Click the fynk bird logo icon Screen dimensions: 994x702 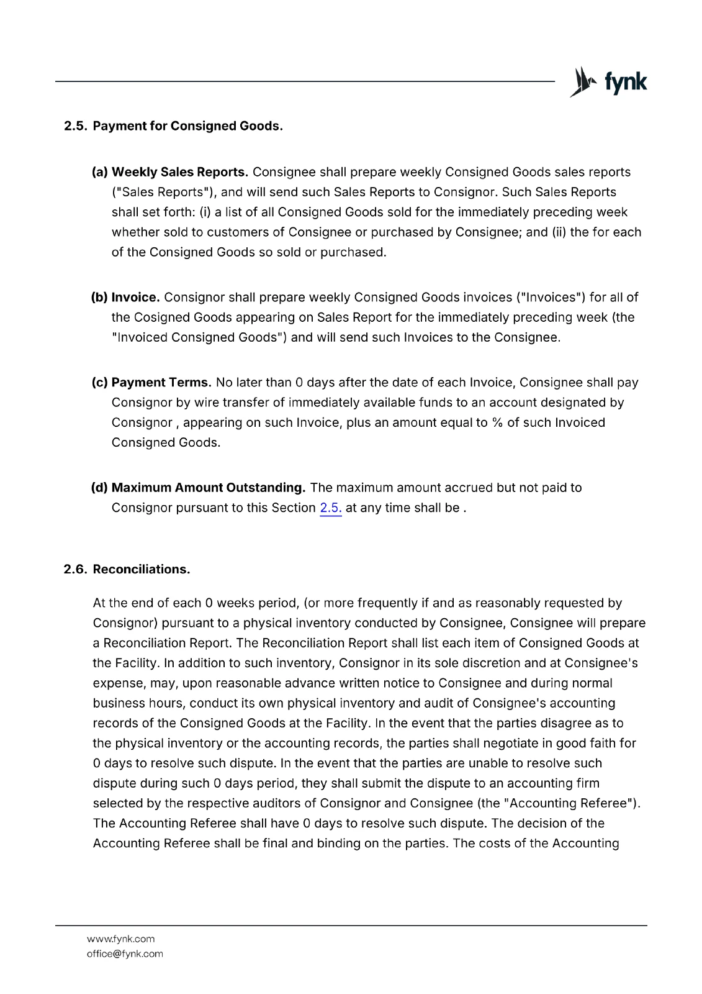click(583, 82)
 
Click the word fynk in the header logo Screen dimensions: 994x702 click(625, 82)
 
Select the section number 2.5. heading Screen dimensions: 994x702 click(76, 126)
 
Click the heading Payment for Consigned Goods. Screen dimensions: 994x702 click(187, 126)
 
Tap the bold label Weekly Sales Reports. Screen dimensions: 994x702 click(180, 172)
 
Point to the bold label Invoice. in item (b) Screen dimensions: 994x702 click(135, 298)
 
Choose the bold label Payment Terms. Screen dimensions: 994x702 click(161, 383)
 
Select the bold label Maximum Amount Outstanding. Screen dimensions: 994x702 click(209, 488)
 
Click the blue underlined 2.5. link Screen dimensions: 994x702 click(330, 508)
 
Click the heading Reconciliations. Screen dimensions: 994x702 click(142, 570)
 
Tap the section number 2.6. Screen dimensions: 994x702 click(76, 570)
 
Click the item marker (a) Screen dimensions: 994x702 click(100, 172)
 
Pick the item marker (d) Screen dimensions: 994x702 click(99, 488)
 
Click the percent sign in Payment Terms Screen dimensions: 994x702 click(497, 423)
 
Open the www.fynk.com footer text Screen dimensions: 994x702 click(120, 939)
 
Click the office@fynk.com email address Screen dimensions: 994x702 click(125, 954)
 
